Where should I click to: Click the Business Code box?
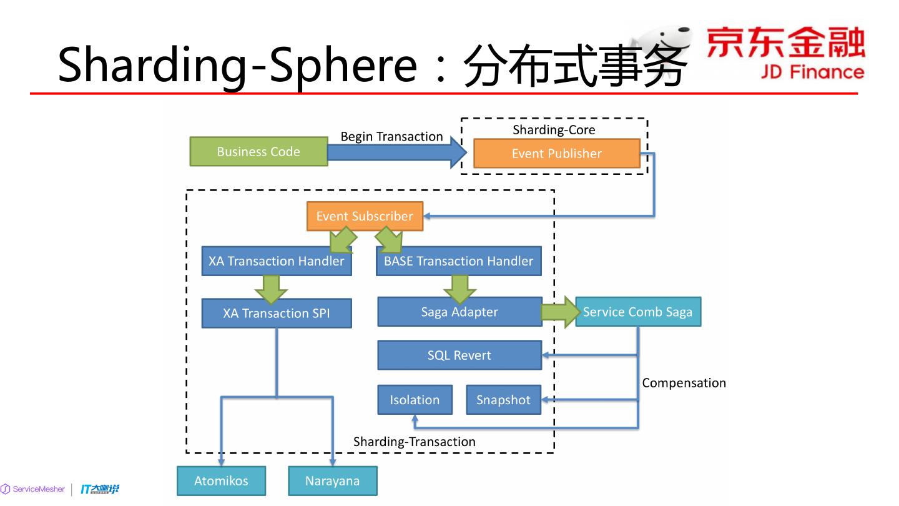(x=258, y=152)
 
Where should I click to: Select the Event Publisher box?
(x=556, y=154)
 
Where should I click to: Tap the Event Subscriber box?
(x=365, y=216)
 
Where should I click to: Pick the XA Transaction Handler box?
(x=277, y=261)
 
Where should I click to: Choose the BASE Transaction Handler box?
(x=458, y=261)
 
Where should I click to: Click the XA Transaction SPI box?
(x=277, y=313)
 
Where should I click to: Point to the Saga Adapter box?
(x=459, y=312)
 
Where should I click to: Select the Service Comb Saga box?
(x=637, y=312)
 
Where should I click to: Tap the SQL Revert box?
(x=459, y=355)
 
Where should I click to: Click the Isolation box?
(x=415, y=400)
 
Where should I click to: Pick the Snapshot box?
(x=503, y=400)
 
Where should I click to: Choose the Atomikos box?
(x=221, y=481)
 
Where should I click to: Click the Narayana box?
(x=332, y=481)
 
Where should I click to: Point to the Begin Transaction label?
(x=391, y=136)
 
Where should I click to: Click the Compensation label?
(x=684, y=383)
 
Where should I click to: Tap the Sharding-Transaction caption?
(x=414, y=442)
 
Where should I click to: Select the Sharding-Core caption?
(x=554, y=130)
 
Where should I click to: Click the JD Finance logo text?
(x=812, y=72)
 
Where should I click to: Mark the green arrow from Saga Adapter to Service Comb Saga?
(x=560, y=312)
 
